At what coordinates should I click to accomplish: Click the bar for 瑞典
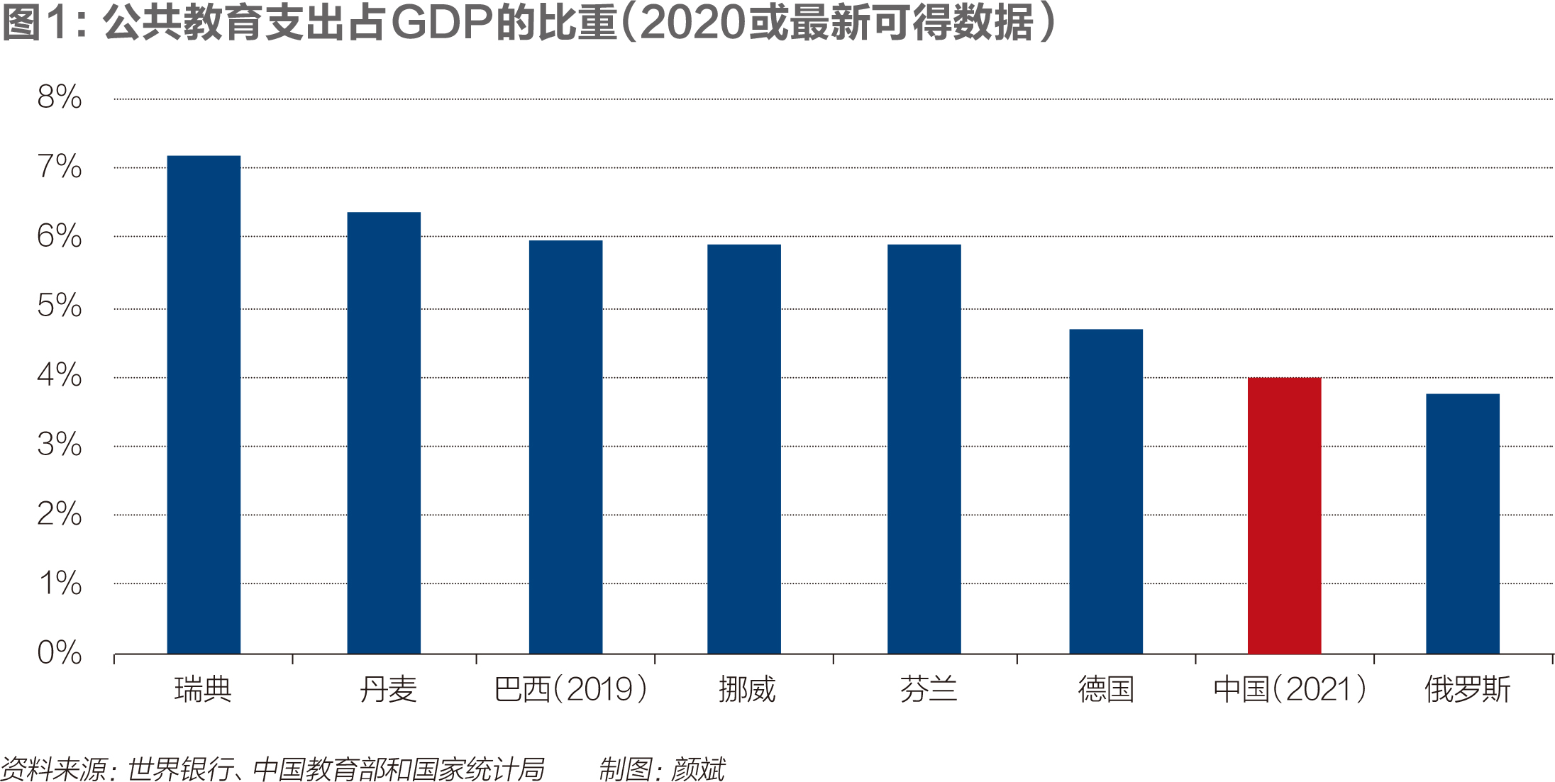(x=204, y=404)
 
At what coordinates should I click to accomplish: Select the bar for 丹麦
(x=384, y=432)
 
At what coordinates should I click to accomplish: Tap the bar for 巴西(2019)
(x=565, y=447)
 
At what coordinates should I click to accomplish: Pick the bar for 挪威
(x=744, y=449)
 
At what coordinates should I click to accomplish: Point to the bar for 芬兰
(x=924, y=449)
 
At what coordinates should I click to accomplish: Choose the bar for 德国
(x=1106, y=491)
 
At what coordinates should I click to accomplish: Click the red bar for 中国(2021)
(x=1284, y=515)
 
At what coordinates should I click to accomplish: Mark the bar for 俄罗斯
(x=1463, y=523)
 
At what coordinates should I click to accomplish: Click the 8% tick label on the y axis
(x=60, y=97)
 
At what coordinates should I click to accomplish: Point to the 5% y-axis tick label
(x=60, y=306)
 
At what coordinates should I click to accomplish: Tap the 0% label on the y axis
(x=60, y=652)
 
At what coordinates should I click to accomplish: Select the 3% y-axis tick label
(x=60, y=445)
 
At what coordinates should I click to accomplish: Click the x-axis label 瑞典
(x=203, y=689)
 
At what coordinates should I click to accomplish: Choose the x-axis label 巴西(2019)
(x=570, y=689)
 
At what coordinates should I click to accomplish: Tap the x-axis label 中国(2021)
(x=1290, y=689)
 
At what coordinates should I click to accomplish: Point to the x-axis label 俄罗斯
(x=1467, y=689)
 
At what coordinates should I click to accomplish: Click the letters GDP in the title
(x=442, y=23)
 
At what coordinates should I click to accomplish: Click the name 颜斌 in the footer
(x=698, y=769)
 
